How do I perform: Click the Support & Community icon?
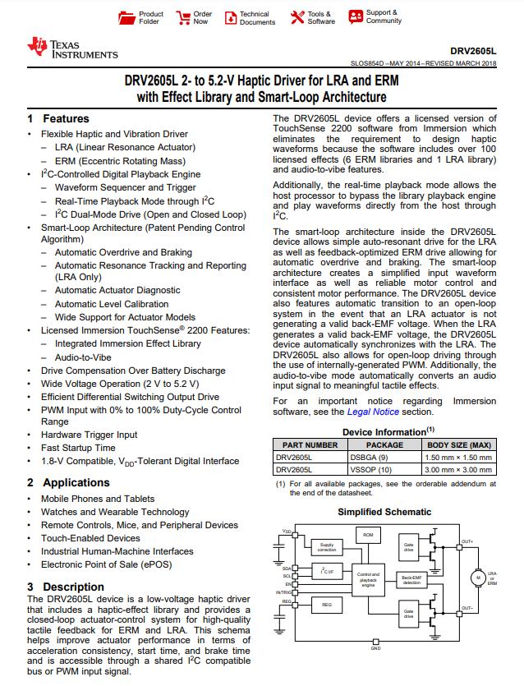click(x=354, y=16)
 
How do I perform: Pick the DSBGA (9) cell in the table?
click(x=373, y=457)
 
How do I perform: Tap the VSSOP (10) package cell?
click(x=373, y=469)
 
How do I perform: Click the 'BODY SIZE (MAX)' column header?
click(x=458, y=444)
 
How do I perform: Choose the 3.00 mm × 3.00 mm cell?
click(x=458, y=469)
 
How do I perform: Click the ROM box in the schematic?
click(x=367, y=535)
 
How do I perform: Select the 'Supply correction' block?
click(x=327, y=547)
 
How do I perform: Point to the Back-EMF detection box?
click(x=411, y=579)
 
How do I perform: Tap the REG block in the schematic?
click(x=327, y=604)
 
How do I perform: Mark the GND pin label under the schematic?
click(x=375, y=648)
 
